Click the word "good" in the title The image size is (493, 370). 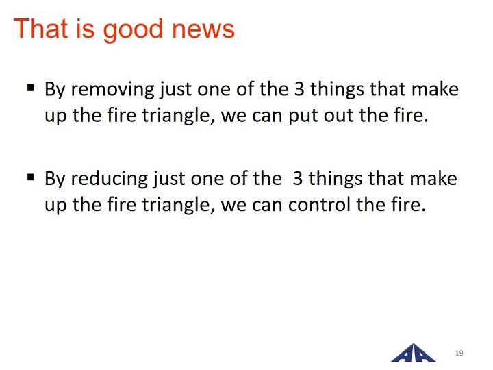[132, 31]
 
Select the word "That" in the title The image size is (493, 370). [40, 29]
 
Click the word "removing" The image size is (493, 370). [112, 90]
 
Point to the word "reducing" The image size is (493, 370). [109, 179]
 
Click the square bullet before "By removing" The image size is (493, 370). [31, 87]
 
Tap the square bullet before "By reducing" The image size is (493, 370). [31, 177]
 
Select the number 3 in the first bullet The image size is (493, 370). [299, 89]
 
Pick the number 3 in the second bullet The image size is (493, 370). [297, 178]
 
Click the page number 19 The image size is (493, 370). [459, 353]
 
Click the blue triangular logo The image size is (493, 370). [413, 353]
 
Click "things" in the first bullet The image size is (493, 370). [337, 90]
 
